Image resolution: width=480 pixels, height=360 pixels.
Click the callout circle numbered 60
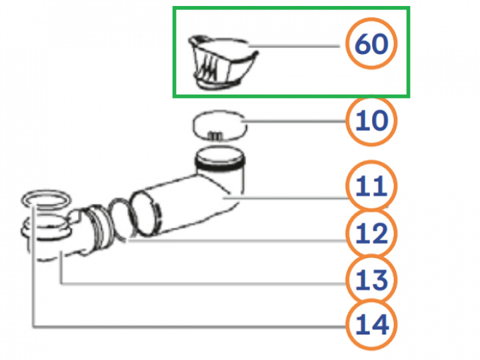coord(371,43)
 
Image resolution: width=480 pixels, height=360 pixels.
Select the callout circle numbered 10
coord(371,120)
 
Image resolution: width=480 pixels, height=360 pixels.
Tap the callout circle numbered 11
coord(371,186)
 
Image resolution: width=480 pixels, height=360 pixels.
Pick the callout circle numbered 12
coord(371,233)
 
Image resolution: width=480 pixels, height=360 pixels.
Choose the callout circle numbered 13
coord(371,279)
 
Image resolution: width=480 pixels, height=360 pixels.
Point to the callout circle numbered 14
coord(371,324)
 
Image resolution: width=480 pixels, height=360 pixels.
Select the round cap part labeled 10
coord(219,125)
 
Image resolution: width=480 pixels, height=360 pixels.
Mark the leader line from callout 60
coord(294,46)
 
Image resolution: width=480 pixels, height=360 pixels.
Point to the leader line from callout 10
coord(294,121)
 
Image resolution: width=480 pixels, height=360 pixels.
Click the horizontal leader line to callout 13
coord(203,284)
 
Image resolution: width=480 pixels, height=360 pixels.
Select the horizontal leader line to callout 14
coord(189,327)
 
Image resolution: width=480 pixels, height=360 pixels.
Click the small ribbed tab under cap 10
coord(215,135)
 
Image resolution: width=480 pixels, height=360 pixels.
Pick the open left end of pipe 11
coord(145,213)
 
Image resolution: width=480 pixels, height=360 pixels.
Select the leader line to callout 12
coord(237,241)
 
